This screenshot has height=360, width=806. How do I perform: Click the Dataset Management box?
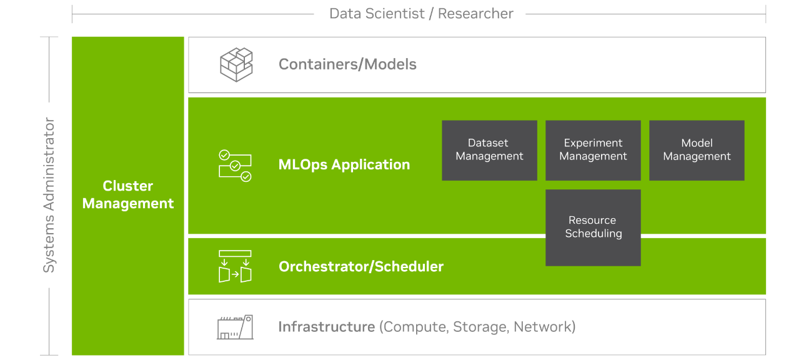pyautogui.click(x=489, y=150)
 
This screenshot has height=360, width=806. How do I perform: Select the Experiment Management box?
pyautogui.click(x=593, y=150)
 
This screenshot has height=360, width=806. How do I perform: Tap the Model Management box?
pyautogui.click(x=697, y=150)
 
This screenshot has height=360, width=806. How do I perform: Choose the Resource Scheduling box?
pyautogui.click(x=593, y=227)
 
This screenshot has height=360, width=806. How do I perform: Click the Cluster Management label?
pyautogui.click(x=128, y=194)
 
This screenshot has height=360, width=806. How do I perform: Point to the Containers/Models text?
pyautogui.click(x=347, y=64)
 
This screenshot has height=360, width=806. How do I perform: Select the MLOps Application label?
pyautogui.click(x=344, y=165)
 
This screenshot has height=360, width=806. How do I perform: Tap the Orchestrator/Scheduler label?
pyautogui.click(x=361, y=267)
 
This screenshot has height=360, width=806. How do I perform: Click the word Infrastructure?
pyautogui.click(x=326, y=327)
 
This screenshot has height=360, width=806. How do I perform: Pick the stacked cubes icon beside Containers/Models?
pyautogui.click(x=236, y=64)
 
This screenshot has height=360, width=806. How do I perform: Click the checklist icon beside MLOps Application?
pyautogui.click(x=235, y=166)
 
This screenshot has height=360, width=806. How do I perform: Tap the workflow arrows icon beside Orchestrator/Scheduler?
pyautogui.click(x=235, y=266)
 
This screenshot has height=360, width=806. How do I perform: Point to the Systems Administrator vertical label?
pyautogui.click(x=49, y=195)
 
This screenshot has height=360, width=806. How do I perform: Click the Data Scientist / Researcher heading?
pyautogui.click(x=421, y=13)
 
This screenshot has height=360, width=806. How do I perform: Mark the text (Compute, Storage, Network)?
pyautogui.click(x=477, y=327)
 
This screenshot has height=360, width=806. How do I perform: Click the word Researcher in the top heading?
pyautogui.click(x=475, y=13)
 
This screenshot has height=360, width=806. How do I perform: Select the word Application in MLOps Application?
pyautogui.click(x=371, y=165)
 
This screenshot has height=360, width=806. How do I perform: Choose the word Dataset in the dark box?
pyautogui.click(x=489, y=143)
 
